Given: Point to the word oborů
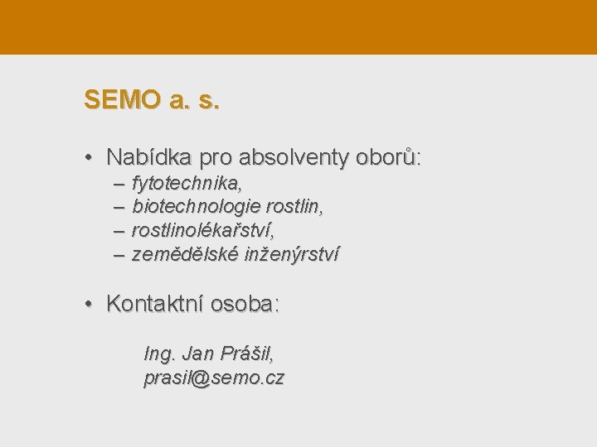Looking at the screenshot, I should click(388, 156).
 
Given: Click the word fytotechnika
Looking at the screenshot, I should click(187, 182).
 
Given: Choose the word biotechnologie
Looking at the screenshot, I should click(197, 205).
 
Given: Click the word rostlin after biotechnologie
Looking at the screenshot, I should click(294, 205).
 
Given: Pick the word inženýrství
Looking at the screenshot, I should click(291, 253).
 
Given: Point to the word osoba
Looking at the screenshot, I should click(245, 304).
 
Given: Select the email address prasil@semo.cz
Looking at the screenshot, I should click(214, 378).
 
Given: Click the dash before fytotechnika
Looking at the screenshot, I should click(119, 182).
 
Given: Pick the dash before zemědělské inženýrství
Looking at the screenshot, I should click(119, 253).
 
